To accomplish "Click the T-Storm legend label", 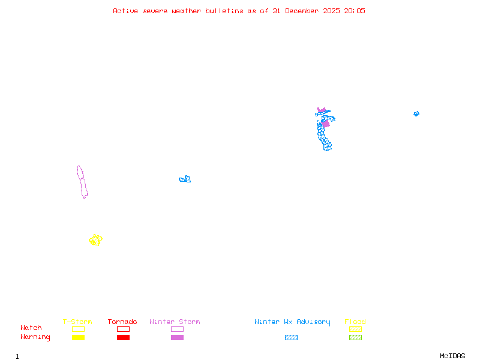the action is point(77,322).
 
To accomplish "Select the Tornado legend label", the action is point(122,322).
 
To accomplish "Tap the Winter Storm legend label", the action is point(175,322).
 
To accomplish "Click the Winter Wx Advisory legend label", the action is point(292,322).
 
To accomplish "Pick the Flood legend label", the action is point(355,322).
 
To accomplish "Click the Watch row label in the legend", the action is point(31,328).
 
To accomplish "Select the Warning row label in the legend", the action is point(35,337).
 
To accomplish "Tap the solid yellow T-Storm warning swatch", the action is point(78,338).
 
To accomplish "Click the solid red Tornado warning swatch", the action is point(123,338).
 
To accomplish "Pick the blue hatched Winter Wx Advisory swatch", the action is point(291,338).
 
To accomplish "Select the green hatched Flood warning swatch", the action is point(355,338).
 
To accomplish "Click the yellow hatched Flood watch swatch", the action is point(355,329).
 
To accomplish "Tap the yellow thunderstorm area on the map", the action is point(95,240).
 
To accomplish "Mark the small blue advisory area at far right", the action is point(416,113).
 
